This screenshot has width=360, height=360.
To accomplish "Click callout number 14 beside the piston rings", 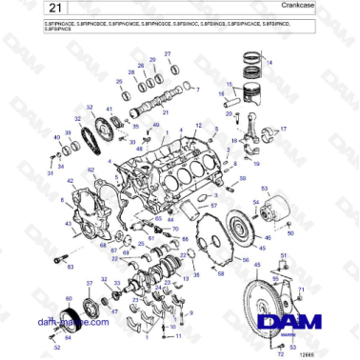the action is click(x=269, y=62).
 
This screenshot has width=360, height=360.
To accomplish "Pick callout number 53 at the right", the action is click(x=265, y=190).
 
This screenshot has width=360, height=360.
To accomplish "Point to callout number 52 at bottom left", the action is click(x=56, y=349).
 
